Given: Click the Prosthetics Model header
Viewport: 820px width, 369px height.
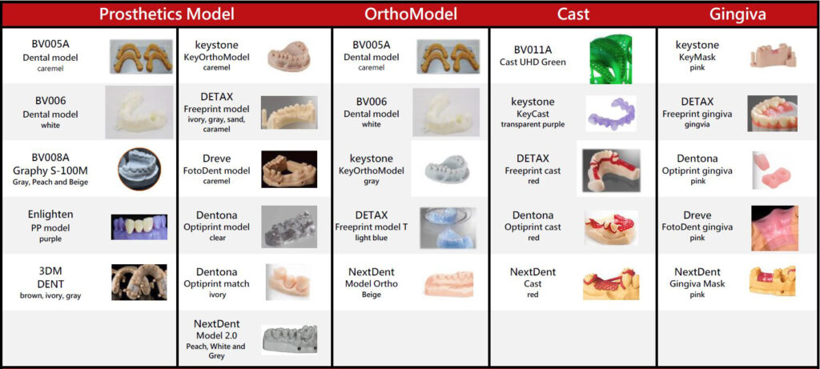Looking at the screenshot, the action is (167, 14).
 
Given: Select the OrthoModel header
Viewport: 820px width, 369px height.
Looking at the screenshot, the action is (411, 14).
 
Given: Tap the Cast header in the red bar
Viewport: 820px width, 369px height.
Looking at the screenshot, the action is (572, 14).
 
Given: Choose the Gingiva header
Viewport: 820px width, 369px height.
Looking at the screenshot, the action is (738, 14).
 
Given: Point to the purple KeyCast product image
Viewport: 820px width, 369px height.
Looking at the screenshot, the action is (611, 113).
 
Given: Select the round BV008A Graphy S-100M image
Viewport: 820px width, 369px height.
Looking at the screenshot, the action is (139, 168).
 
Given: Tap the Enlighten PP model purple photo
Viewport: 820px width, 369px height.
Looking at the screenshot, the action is (139, 227).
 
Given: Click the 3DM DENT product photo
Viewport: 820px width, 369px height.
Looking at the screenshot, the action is (139, 282).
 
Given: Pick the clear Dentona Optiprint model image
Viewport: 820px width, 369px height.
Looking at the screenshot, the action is (288, 227).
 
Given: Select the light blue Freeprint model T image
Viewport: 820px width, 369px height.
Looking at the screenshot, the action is (448, 227).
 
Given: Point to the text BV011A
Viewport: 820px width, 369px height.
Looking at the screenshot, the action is (533, 50).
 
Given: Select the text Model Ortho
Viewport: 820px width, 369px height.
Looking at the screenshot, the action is (372, 284).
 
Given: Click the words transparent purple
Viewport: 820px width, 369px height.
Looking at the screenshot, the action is (533, 124).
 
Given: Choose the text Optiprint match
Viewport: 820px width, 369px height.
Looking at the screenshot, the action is (216, 284).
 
